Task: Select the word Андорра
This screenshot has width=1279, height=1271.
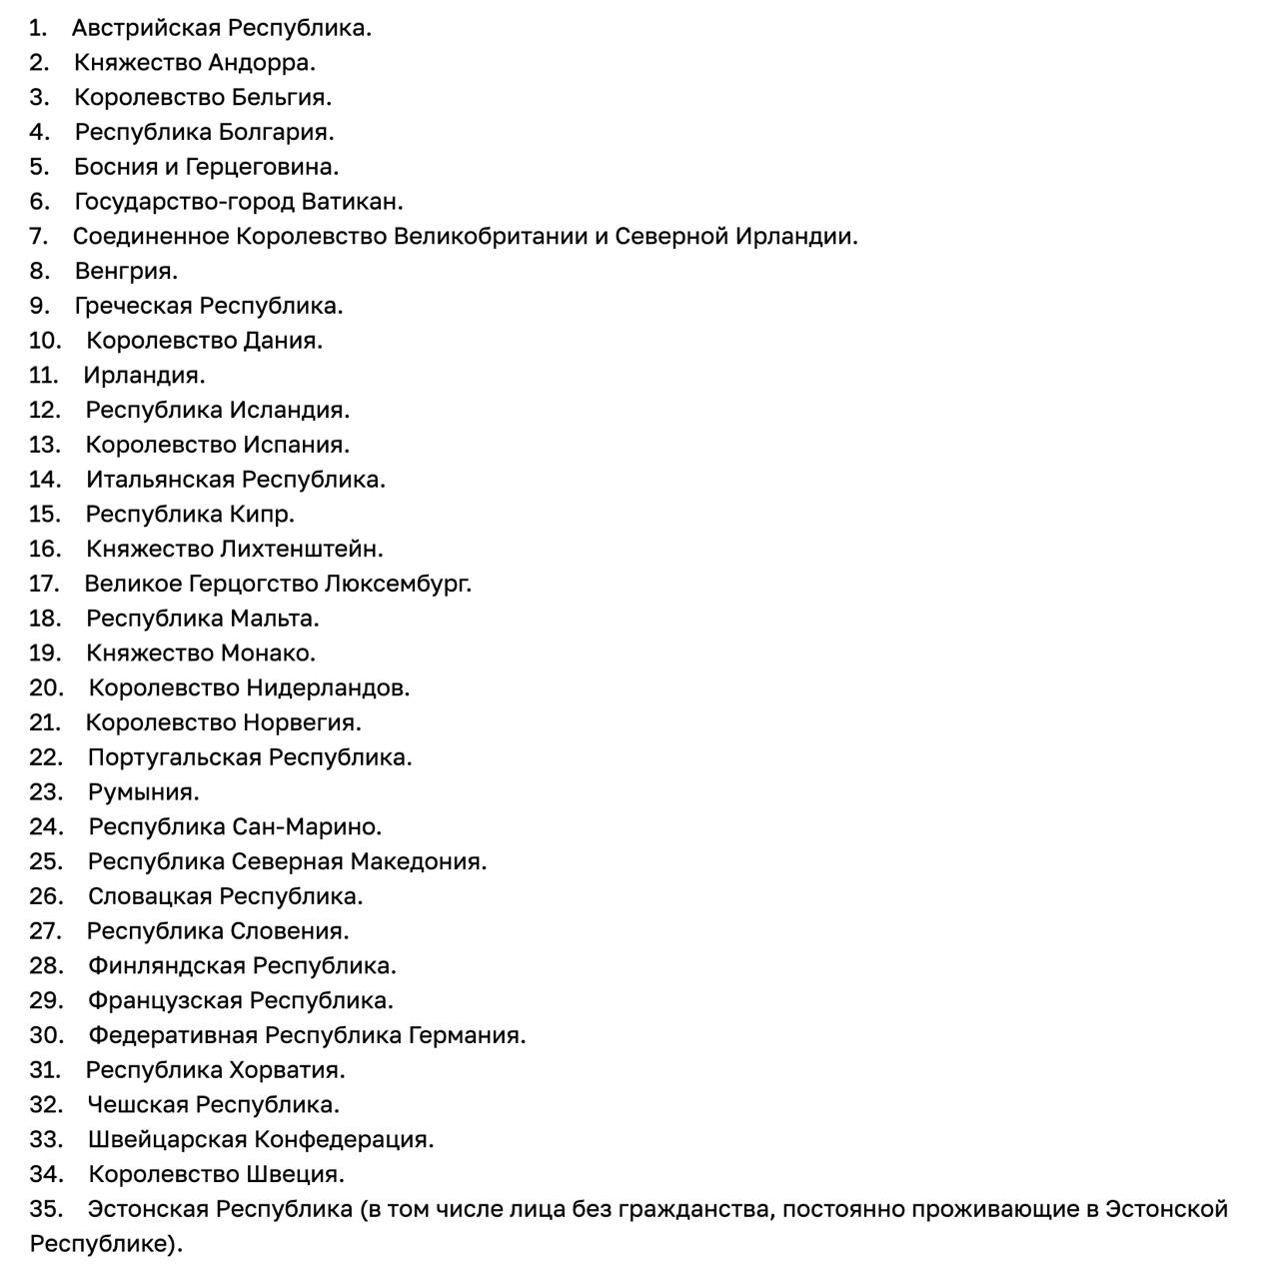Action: (x=261, y=63)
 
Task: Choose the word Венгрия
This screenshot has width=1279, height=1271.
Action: (x=125, y=271)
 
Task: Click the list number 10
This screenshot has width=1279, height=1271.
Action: (x=45, y=341)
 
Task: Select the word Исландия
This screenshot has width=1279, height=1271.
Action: (x=289, y=410)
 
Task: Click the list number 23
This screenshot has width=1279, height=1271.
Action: (x=46, y=792)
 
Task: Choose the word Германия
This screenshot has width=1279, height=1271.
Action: (x=466, y=1035)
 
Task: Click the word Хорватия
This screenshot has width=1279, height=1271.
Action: (x=287, y=1070)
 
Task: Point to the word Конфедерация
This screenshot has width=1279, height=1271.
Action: (x=344, y=1140)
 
